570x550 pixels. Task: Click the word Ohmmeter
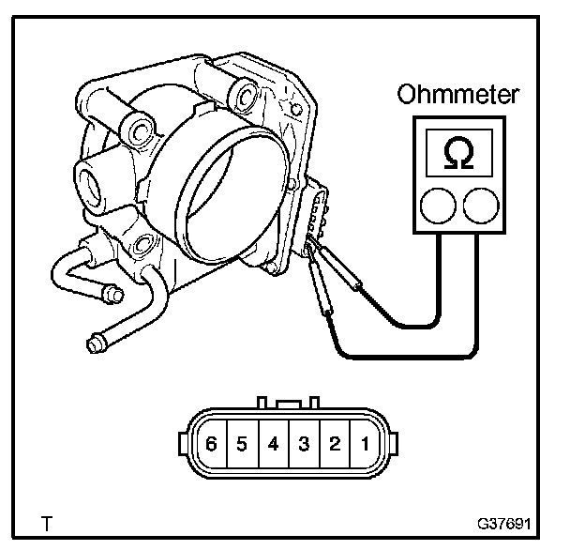tap(458, 96)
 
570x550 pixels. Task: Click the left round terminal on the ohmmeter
tap(438, 205)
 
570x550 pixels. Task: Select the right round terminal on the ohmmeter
tap(479, 205)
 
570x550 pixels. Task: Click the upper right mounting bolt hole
tap(245, 93)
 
